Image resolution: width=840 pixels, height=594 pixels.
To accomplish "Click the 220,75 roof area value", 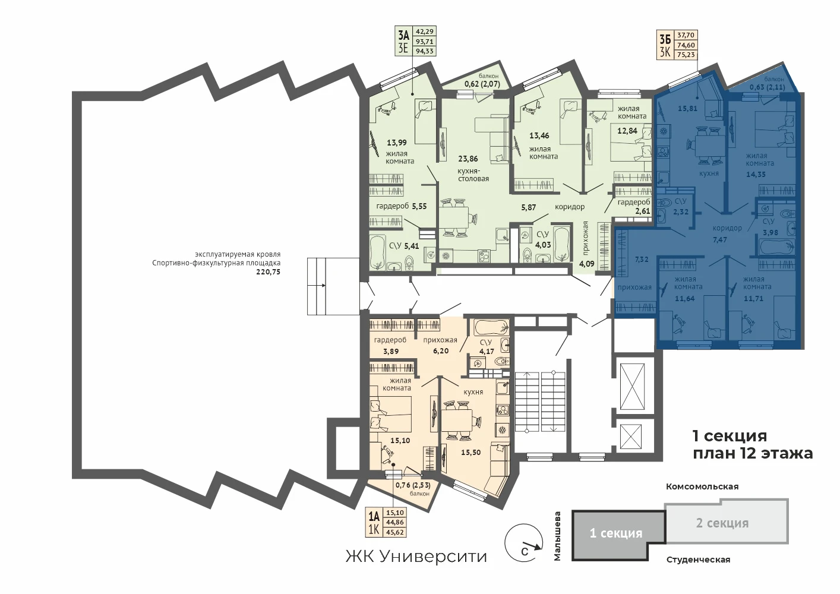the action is click(x=268, y=272).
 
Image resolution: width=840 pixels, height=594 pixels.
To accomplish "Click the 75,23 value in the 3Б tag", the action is click(x=686, y=55).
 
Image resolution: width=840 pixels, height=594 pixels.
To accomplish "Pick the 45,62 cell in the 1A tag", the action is click(x=395, y=532).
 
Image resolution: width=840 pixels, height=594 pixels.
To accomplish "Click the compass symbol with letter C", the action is click(x=524, y=543).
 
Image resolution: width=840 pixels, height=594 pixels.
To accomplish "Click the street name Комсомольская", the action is click(x=702, y=486).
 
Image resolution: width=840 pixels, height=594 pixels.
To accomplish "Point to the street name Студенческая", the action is click(x=698, y=560).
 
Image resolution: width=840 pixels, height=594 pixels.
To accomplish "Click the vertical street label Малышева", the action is click(x=557, y=536).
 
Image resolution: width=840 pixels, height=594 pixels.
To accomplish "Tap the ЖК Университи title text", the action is click(x=416, y=557).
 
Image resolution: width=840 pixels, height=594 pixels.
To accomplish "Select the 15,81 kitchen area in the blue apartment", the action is click(x=688, y=109).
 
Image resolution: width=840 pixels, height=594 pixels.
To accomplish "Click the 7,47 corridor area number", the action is click(x=720, y=239).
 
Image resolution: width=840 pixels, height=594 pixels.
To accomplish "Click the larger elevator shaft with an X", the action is click(x=632, y=386).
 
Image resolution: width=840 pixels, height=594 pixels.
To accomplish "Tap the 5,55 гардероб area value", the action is click(x=419, y=206).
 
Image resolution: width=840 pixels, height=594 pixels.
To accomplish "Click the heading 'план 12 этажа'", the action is click(x=753, y=454).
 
